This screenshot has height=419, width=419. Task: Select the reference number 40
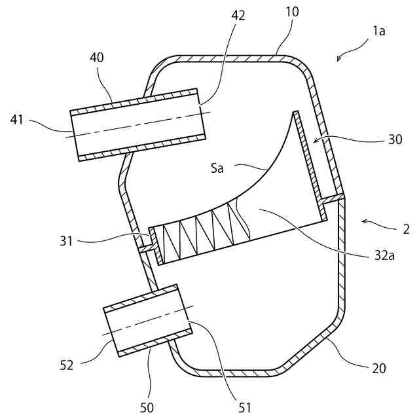pos(96,58)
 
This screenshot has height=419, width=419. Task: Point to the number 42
pos(238,15)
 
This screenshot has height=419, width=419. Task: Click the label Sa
pos(217,168)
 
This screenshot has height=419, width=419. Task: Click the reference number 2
pos(406,230)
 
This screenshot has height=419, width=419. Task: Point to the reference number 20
pos(379,368)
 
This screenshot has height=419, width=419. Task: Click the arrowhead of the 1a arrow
pos(338,61)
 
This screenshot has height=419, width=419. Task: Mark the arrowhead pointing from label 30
pos(314,141)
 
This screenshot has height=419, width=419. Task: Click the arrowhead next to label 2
pos(362,223)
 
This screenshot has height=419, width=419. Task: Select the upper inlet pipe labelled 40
pos(137,124)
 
